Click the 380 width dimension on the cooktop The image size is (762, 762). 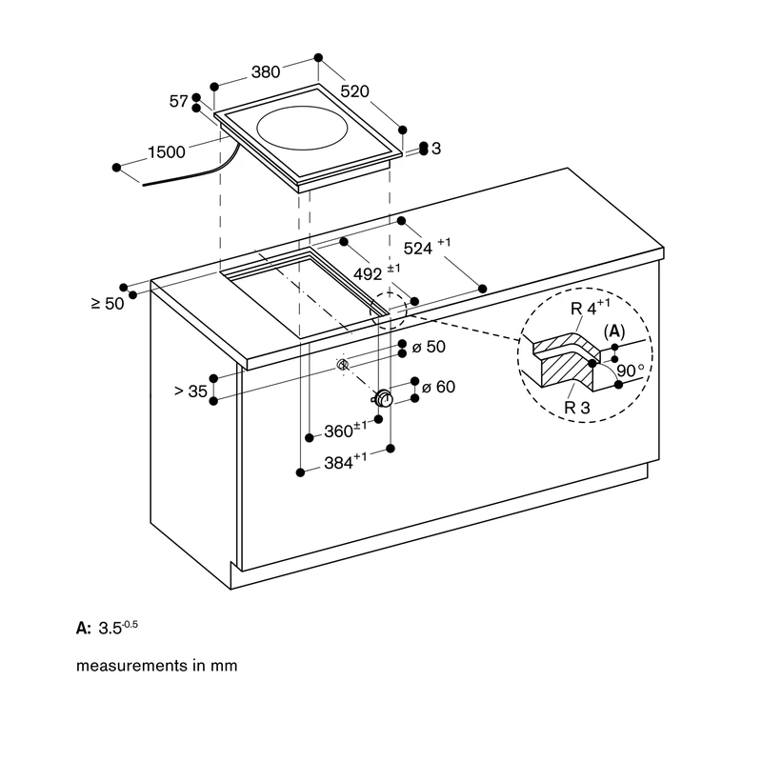[x=266, y=72]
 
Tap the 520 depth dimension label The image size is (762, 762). [x=354, y=90]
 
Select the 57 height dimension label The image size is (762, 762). [x=178, y=101]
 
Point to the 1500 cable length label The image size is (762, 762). [x=166, y=152]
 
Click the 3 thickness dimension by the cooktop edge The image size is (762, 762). [x=436, y=149]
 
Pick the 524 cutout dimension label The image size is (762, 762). [x=427, y=246]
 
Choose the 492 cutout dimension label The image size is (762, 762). [x=376, y=272]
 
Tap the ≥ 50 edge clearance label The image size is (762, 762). [x=108, y=304]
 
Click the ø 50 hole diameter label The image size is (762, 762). [x=429, y=347]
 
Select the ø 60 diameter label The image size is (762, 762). [x=438, y=387]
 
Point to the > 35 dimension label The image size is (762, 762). [x=190, y=391]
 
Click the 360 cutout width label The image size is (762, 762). [x=346, y=431]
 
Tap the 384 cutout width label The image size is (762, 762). [x=346, y=461]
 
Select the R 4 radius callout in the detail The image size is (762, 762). [x=590, y=307]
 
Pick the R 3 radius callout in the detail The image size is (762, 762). [x=577, y=408]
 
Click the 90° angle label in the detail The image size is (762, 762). [x=631, y=371]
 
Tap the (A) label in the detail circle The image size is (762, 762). [x=614, y=331]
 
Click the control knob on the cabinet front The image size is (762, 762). [x=385, y=398]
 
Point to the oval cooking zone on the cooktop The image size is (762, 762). [x=302, y=129]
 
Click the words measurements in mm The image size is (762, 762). [x=157, y=665]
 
